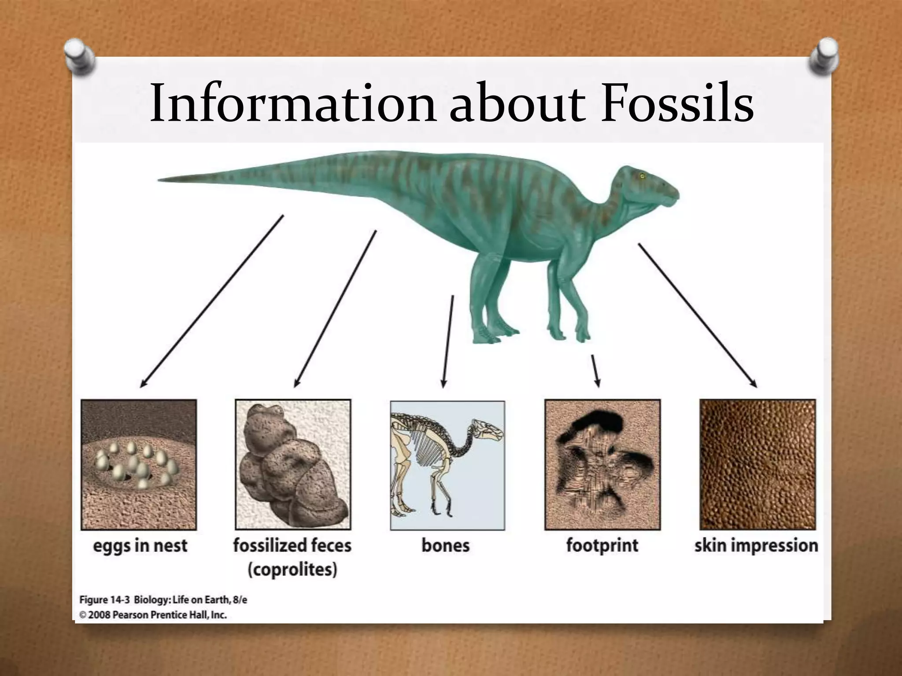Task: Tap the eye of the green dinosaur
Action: point(642,176)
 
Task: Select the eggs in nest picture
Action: point(139,464)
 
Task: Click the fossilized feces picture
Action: point(293,464)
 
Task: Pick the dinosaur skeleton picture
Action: point(447,465)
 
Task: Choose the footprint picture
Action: point(602,464)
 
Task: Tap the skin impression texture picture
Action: point(758,464)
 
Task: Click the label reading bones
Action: point(445,546)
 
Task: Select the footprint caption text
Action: point(602,546)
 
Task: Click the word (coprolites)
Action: point(292,570)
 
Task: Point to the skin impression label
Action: point(756,546)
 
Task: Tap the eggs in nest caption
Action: point(140,546)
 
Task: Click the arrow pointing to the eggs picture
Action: point(211,301)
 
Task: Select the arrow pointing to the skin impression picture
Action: point(697,315)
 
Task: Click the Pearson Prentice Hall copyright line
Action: point(153,615)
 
